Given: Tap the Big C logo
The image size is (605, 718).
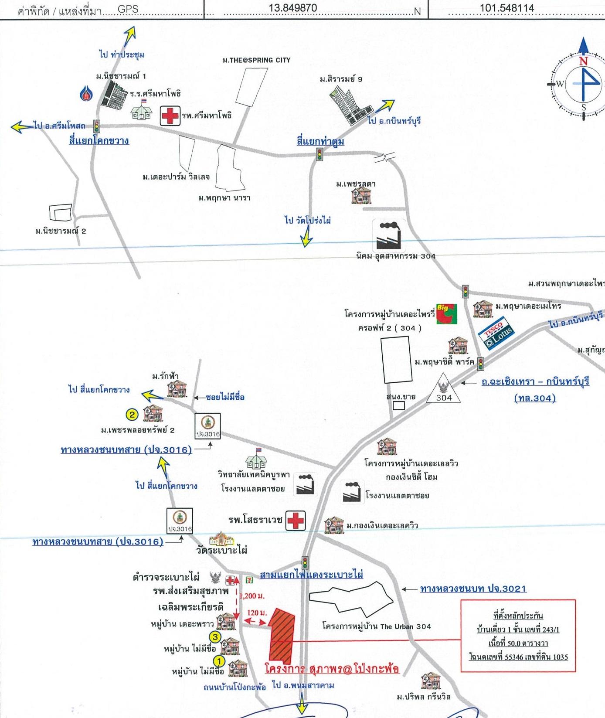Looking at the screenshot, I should tap(446, 314).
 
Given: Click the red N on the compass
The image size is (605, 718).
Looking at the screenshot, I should tap(583, 61).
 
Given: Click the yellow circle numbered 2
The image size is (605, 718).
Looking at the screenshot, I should tap(132, 414).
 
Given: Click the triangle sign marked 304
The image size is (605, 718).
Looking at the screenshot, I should tap(443, 389).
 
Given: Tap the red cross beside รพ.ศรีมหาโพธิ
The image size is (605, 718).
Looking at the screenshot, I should tap(170, 116).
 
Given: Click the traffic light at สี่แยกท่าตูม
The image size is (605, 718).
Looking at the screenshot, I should tap(320, 154).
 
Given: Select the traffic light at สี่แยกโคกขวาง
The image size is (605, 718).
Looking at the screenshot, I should tap(96, 127).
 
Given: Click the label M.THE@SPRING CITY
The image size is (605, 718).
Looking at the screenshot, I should tap(256, 60).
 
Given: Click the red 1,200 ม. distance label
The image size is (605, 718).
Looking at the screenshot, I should tap(252, 595).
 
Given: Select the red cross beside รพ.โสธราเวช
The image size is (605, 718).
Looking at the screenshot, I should tap(296, 520).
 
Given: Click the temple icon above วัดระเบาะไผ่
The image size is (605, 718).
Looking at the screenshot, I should tap(222, 539).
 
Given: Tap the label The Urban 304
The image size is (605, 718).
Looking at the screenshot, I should tap(405, 626).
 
